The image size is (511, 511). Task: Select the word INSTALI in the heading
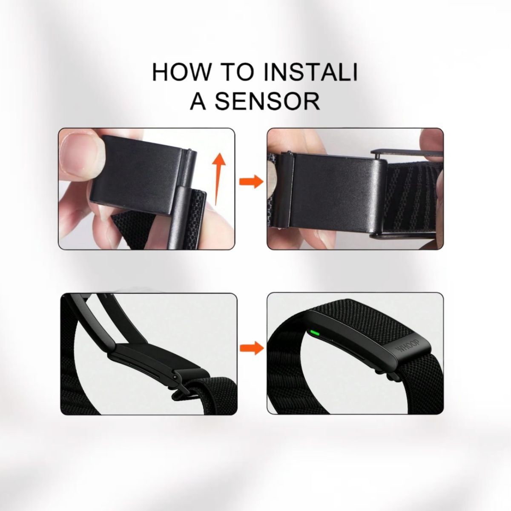point(312,72)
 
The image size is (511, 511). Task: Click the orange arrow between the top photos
point(250,181)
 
